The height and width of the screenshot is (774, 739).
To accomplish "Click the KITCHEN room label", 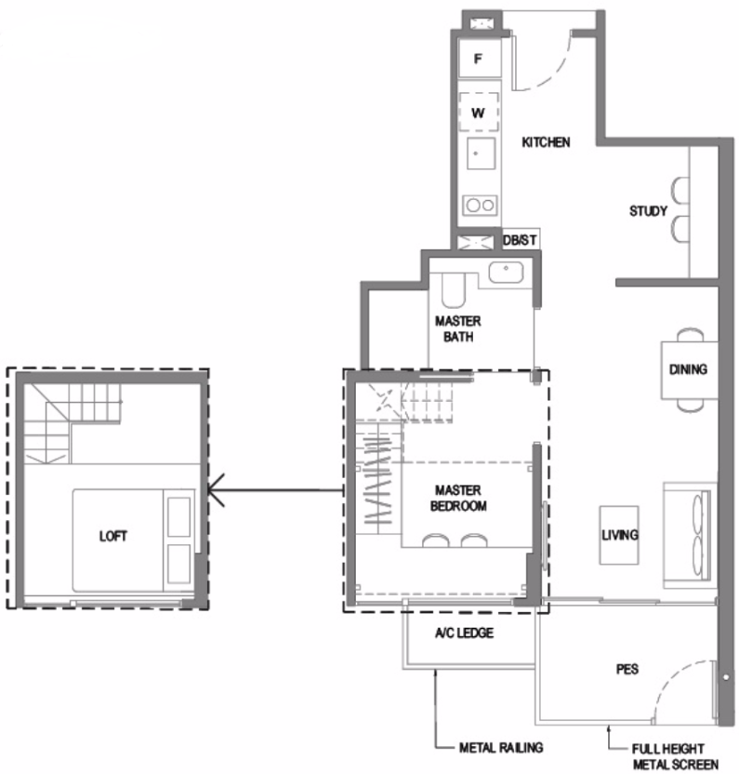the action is (x=546, y=142).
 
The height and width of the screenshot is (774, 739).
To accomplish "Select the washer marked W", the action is (x=478, y=112).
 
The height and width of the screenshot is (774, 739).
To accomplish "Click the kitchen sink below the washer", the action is (x=481, y=153).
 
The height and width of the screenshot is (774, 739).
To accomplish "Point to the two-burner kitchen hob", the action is (x=480, y=205).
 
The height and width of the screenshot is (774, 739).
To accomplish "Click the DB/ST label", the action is (x=520, y=240).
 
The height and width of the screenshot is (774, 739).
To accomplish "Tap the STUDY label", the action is (x=648, y=211).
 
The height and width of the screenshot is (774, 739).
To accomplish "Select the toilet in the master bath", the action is (x=454, y=291).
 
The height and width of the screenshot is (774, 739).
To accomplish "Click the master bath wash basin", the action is (x=507, y=272).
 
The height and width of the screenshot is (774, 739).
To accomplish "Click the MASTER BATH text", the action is (x=457, y=328).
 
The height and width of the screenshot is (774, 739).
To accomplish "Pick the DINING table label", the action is (x=688, y=369).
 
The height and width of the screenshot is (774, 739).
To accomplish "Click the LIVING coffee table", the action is (x=619, y=535).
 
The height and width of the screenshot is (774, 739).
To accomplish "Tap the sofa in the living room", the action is (x=690, y=535).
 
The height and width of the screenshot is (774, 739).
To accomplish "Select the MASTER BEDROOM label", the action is (x=458, y=498).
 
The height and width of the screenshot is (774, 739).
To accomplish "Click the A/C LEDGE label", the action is (x=464, y=633).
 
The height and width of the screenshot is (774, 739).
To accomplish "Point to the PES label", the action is (x=627, y=670).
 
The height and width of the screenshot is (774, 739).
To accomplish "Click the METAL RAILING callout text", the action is (x=501, y=748).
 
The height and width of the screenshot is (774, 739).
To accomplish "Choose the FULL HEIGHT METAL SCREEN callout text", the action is (x=675, y=756).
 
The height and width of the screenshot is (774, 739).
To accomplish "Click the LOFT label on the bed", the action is (x=113, y=536).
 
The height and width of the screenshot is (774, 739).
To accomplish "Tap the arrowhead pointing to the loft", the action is (x=215, y=490).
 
